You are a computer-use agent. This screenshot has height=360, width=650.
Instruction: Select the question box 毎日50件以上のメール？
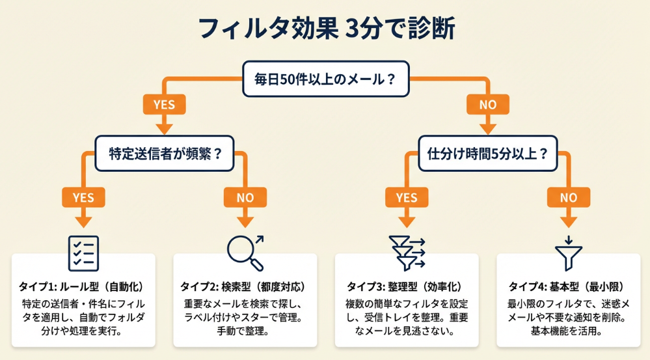coord(325,81)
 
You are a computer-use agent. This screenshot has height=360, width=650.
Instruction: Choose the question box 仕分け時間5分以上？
coord(487,154)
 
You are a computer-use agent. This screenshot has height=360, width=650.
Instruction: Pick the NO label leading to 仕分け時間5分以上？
coord(487,104)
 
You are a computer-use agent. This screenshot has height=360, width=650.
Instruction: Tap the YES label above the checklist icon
coord(84,197)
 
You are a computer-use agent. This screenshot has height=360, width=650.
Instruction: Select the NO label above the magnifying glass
coord(245,197)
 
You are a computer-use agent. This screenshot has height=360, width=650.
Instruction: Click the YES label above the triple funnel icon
coord(407,197)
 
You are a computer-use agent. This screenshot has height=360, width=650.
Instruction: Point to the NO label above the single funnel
coord(568,197)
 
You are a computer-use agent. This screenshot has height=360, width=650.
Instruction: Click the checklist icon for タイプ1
coord(84,253)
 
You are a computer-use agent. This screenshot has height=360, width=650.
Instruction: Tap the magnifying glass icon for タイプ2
coord(245,253)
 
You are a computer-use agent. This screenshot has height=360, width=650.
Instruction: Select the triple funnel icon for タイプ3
coord(407,253)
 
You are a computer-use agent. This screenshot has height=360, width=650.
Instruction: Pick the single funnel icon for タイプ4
coord(568,253)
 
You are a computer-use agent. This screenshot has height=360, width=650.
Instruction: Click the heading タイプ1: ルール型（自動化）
coord(84,286)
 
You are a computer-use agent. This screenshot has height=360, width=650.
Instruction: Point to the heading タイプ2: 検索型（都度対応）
coord(245,286)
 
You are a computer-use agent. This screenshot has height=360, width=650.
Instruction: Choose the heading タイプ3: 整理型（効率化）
coord(407,286)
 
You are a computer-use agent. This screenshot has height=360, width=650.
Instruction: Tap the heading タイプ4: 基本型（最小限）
coord(568,286)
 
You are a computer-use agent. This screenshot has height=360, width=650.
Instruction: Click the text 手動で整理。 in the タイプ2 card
coord(245,331)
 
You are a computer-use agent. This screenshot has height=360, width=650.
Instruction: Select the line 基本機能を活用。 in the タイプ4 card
coord(568,331)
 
